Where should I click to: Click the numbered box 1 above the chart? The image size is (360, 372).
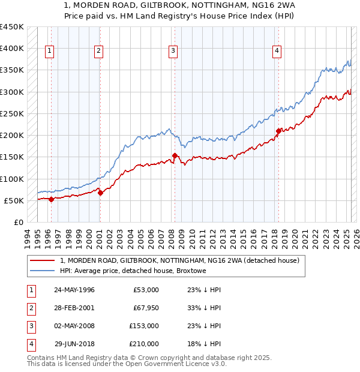point(49,52)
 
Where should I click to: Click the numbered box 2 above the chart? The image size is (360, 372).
point(98,52)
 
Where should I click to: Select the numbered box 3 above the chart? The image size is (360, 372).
point(172,52)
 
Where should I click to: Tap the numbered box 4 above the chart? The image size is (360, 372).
point(277,52)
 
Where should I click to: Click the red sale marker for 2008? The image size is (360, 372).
point(175,156)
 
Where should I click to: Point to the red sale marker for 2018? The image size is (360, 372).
point(278,131)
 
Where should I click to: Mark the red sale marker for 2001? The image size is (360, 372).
point(100,193)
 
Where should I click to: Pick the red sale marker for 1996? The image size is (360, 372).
point(51,199)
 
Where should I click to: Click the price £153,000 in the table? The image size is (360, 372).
point(144,326)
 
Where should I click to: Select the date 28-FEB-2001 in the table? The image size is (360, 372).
point(74,308)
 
